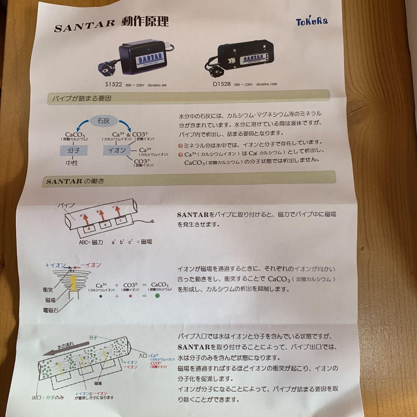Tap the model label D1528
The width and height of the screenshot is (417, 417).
pos(222,83)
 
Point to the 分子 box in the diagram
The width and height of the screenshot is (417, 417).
pos(73,150)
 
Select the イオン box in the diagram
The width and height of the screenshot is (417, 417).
pos(117,150)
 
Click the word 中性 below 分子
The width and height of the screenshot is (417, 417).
pos(72,163)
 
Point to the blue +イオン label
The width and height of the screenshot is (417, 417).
pos(56,265)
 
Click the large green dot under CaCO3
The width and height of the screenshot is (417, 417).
pos(157,296)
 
